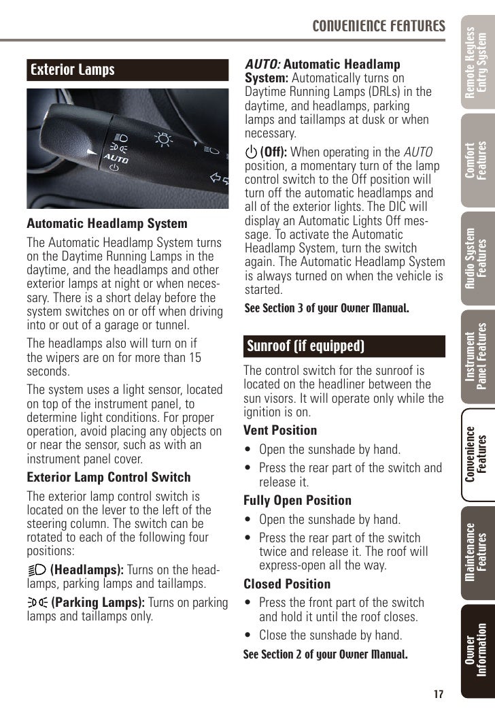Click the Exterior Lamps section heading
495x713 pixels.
(73, 69)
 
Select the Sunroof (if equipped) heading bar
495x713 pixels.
(305, 346)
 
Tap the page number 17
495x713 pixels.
(438, 694)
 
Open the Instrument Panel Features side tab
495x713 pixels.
(477, 361)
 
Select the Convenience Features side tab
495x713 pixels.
(477, 454)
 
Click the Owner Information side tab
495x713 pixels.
(477, 650)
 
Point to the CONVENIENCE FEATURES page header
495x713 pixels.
(379, 27)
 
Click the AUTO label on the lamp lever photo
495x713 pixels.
(116, 158)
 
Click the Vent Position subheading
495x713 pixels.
(280, 430)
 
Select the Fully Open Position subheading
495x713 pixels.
(297, 500)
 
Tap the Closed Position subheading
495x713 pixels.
(287, 584)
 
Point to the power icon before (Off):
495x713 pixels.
(251, 152)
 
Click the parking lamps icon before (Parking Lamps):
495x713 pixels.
(37, 602)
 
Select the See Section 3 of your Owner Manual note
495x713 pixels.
(326, 308)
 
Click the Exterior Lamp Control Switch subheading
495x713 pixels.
(109, 477)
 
